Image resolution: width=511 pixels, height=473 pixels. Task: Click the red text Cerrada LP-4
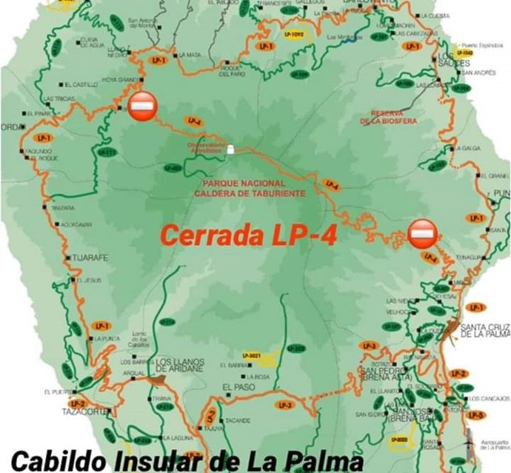click(248, 235)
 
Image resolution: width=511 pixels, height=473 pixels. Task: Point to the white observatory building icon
click(230, 149)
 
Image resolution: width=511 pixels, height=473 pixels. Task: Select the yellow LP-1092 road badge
click(294, 34)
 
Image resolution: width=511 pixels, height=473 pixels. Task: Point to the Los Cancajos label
click(492, 399)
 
